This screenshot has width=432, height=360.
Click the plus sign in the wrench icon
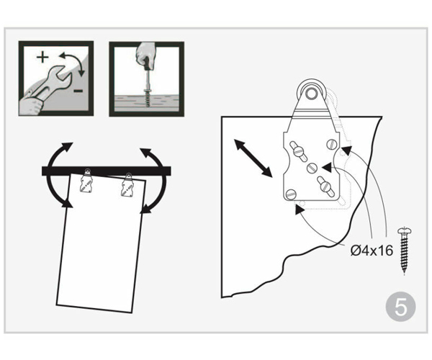click(x=42, y=58)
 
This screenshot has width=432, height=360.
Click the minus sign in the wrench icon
click(x=78, y=91)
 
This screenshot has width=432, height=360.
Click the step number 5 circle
click(x=400, y=307)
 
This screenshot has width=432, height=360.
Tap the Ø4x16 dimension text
click(x=372, y=251)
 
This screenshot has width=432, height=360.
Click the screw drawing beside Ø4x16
click(x=405, y=250)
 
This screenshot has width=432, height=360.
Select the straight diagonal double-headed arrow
click(x=253, y=158)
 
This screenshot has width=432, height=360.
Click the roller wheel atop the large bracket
click(x=311, y=93)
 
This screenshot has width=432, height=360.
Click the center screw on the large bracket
click(x=312, y=168)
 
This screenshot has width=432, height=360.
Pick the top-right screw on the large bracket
click(x=332, y=144)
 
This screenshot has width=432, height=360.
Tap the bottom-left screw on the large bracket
click(x=291, y=194)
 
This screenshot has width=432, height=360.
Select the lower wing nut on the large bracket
click(x=326, y=186)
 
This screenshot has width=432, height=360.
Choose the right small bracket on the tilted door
click(x=127, y=185)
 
